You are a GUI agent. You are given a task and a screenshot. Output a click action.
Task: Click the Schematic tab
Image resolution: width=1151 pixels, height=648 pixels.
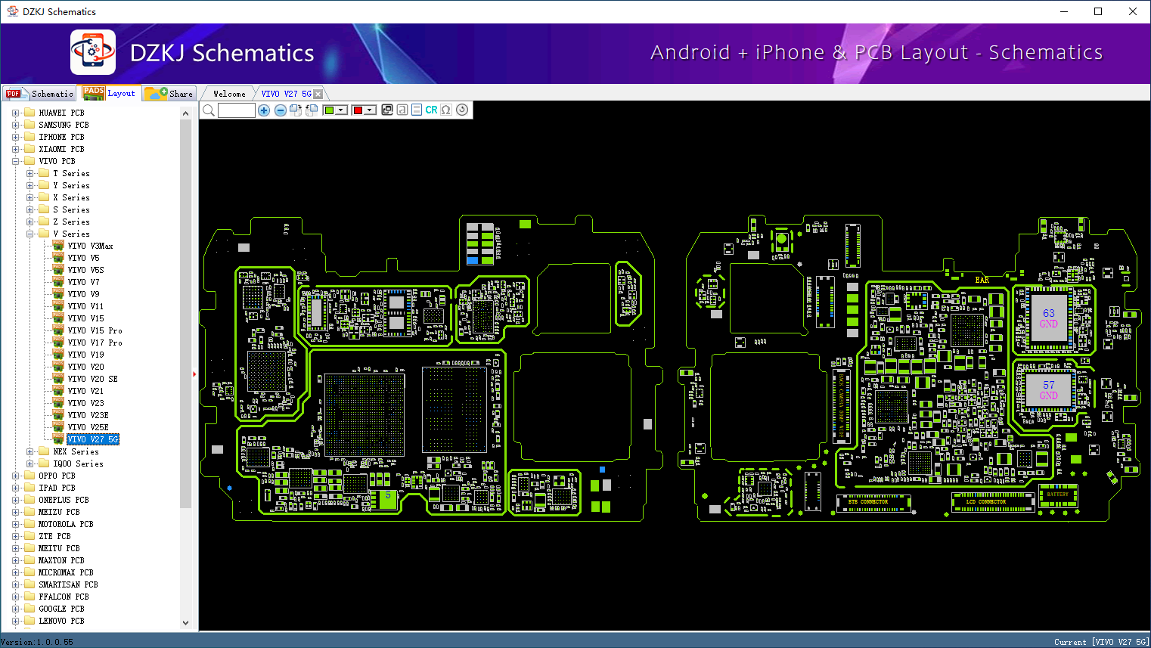pos(41,94)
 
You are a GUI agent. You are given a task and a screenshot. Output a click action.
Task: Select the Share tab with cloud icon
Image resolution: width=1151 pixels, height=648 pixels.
pos(170,94)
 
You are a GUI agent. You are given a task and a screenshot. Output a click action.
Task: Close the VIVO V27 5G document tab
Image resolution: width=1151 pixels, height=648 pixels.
pos(318,94)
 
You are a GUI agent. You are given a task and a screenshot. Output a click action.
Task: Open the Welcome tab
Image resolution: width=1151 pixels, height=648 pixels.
pos(229,94)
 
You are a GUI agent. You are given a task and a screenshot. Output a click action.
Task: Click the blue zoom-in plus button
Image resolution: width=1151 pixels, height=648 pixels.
pos(264,110)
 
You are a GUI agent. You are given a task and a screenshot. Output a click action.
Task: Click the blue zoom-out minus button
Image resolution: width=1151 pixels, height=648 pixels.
pos(281,110)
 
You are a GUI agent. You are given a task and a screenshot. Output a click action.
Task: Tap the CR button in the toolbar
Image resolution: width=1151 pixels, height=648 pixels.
pos(431,110)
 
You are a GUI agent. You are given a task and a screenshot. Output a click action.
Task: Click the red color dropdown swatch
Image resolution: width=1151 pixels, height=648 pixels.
pos(363,110)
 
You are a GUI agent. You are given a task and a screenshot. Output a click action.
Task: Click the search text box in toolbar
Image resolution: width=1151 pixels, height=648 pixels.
pos(237,110)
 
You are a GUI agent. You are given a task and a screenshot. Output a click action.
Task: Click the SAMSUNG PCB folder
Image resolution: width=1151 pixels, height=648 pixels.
pos(64,125)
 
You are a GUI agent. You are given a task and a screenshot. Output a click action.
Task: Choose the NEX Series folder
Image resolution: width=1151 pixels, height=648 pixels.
pos(76,451)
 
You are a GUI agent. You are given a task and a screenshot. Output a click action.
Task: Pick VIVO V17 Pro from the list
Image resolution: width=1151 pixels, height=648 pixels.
pos(95,343)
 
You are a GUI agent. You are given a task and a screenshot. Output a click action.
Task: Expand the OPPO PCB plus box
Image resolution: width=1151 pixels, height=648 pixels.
pos(16,476)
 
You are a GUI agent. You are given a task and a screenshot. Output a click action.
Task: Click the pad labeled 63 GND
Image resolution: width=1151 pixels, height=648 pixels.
pos(1048,318)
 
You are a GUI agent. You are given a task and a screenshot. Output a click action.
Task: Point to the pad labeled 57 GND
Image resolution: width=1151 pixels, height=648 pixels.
pos(1048,390)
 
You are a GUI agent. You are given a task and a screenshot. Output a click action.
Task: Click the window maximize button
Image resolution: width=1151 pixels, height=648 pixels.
pos(1098,11)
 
